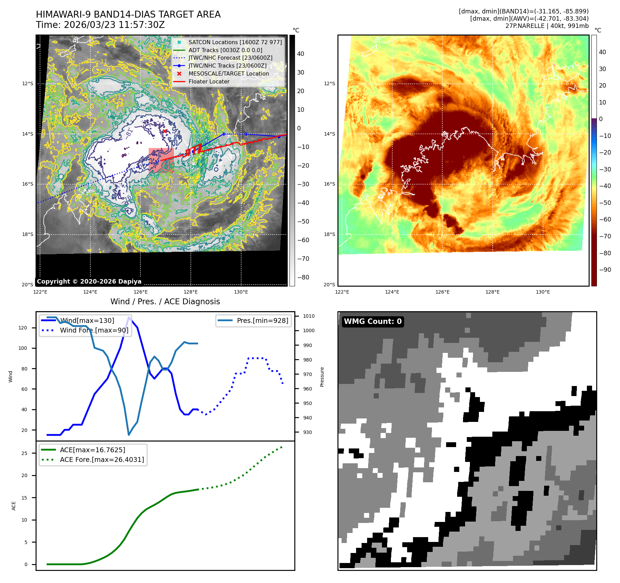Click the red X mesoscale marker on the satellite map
165,131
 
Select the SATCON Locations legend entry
235,42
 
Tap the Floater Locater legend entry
209,81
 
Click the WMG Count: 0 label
373,322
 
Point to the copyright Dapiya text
89,281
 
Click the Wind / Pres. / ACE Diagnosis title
165,302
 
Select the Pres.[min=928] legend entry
262,320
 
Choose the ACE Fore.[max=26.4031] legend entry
102,460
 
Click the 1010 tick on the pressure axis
308,316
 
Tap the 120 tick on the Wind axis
23,328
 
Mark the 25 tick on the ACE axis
24,453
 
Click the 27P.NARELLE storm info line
547,26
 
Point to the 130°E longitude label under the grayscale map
241,292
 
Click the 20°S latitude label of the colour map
329,285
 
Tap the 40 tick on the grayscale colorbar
301,54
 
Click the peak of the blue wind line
129,317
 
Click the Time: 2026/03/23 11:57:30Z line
100,25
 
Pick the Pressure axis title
322,377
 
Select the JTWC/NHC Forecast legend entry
230,58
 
